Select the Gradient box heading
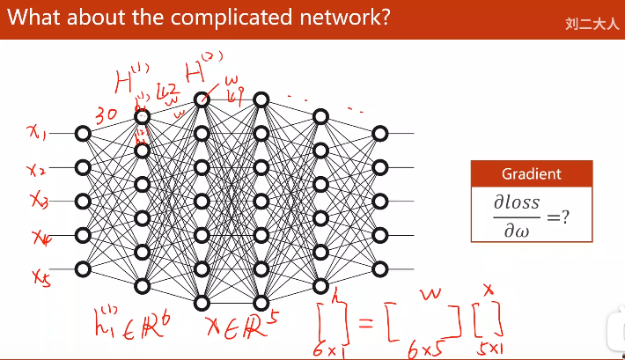tap(531, 174)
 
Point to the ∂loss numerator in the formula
tap(516, 203)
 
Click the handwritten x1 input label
tap(37, 133)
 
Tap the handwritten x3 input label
tap(38, 202)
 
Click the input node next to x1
tap(83, 134)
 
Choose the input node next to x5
tap(83, 268)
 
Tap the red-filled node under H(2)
tap(202, 99)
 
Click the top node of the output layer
tap(379, 134)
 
